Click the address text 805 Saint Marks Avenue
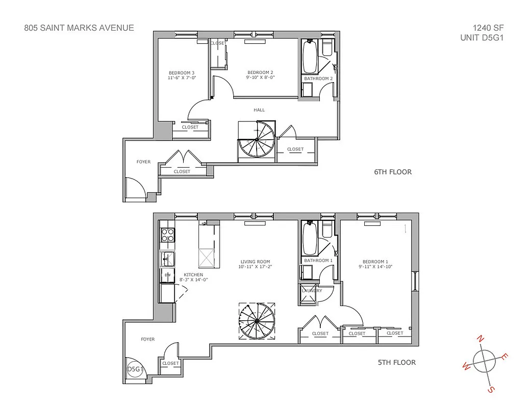(x=79, y=28)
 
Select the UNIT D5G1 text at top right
(x=482, y=37)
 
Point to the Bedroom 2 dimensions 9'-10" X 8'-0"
(x=261, y=78)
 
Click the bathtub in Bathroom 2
(x=310, y=57)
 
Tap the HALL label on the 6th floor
(x=259, y=110)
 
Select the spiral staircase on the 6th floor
(x=257, y=142)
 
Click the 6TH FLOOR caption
(x=392, y=172)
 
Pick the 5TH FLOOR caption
(x=396, y=363)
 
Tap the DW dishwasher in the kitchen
(x=167, y=275)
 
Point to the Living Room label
(x=255, y=262)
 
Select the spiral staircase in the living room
(x=257, y=322)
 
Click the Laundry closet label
(x=312, y=291)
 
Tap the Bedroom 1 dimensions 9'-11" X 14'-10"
(x=375, y=267)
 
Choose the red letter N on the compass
(x=479, y=339)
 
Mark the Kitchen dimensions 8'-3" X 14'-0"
(x=193, y=280)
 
